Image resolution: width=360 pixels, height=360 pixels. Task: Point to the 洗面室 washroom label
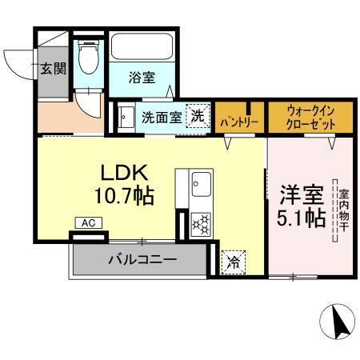(161, 117)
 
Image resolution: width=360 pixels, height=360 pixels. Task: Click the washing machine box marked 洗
(197, 116)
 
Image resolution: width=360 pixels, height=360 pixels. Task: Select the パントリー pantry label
(238, 122)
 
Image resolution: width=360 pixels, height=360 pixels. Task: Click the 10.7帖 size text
(124, 194)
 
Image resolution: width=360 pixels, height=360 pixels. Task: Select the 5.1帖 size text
(302, 218)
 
